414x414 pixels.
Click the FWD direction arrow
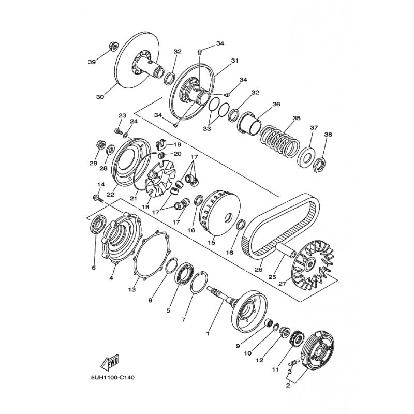(x=110, y=362)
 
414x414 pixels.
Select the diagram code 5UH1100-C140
(x=113, y=378)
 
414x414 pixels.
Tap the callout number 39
(x=92, y=62)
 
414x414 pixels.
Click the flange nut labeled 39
(x=113, y=46)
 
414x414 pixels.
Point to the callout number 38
(x=328, y=135)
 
